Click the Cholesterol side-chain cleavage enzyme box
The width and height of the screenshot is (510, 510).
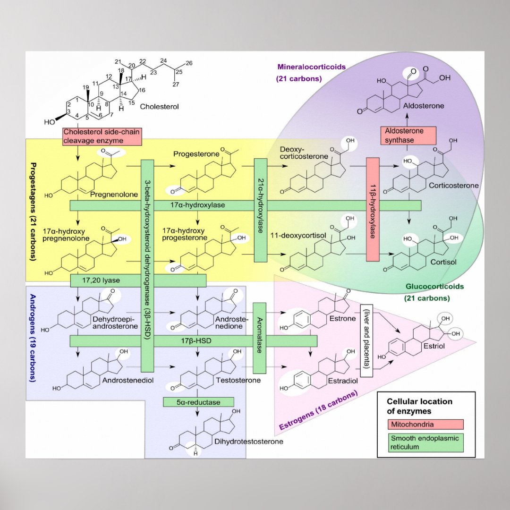pos(101,136)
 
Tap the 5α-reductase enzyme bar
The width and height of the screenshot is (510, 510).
pos(199,402)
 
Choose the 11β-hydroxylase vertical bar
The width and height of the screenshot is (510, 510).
pos(373,210)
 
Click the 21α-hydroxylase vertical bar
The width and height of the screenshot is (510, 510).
pos(261,210)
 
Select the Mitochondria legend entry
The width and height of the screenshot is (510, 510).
pos(425,425)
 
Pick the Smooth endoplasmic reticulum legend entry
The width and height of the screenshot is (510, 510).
pos(425,442)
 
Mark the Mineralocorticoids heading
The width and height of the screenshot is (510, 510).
pos(312,67)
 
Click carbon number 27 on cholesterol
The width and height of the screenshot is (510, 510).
pos(176,85)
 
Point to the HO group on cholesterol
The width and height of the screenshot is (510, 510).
pos(50,122)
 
